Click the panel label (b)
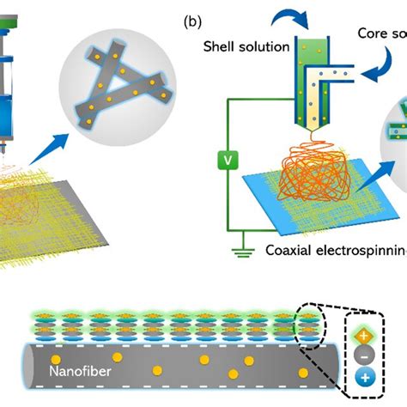tap(192, 19)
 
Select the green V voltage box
tap(228, 158)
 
